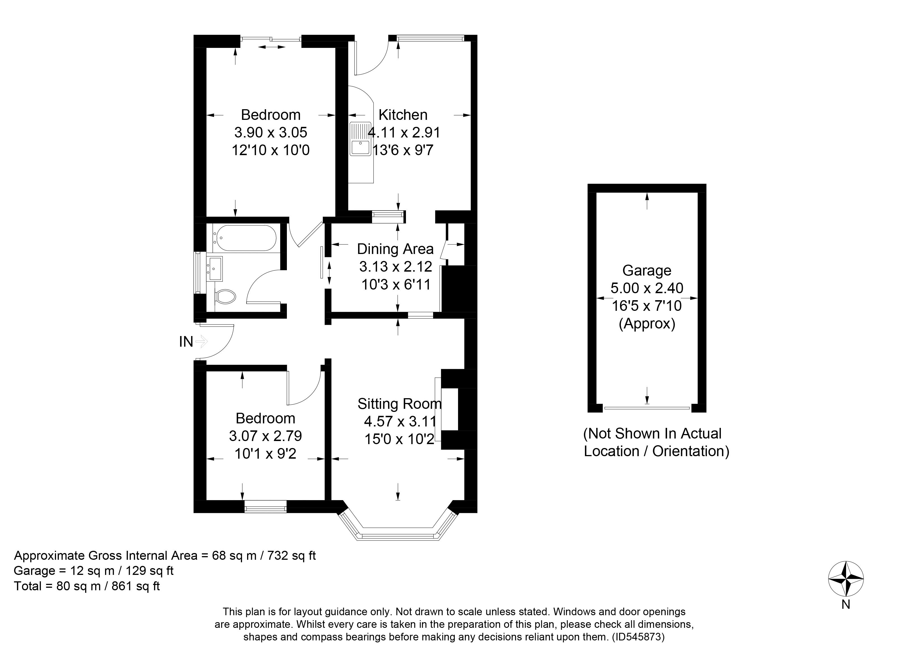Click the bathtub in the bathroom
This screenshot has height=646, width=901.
(244, 238)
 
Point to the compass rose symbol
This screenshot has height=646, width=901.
(846, 579)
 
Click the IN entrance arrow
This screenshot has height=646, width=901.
(202, 341)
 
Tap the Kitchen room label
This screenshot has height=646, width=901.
(403, 115)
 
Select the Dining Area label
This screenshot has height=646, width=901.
(395, 249)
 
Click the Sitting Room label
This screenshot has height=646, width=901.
(400, 404)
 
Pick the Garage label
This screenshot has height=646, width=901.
(647, 270)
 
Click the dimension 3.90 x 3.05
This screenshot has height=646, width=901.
(271, 132)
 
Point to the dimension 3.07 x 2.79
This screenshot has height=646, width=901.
(265, 436)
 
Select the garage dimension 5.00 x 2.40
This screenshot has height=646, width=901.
(647, 288)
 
